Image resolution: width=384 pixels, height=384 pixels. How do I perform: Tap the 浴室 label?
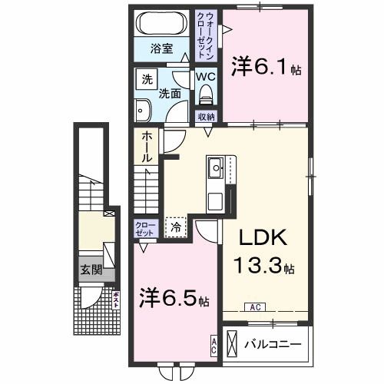161,48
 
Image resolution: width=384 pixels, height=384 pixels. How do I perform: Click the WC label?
205,76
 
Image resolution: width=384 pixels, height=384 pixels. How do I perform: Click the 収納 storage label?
206,117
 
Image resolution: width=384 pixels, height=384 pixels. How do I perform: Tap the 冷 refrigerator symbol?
176,227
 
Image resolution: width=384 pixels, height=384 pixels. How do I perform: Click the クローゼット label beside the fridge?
146,228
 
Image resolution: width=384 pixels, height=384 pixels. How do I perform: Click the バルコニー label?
273,343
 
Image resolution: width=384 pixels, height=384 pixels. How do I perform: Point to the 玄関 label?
91,270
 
